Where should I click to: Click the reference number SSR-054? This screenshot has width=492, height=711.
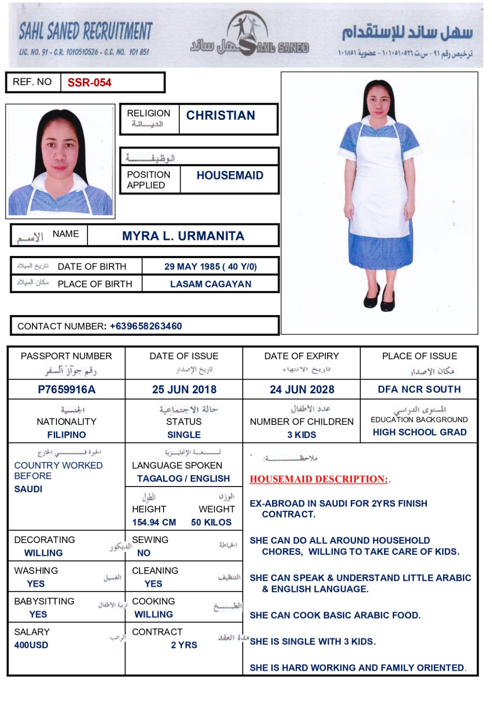89,83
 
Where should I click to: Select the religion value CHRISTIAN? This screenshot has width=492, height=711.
220,116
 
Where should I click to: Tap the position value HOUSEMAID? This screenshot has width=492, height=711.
230,176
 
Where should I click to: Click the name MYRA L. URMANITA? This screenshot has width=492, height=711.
183,236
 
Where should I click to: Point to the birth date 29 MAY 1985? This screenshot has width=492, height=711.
192,267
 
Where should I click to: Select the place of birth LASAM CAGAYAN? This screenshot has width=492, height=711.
211,284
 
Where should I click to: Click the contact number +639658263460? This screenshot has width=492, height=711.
146,326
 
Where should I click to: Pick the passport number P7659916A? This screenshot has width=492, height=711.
67,390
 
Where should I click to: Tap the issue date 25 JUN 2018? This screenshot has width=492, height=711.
184,390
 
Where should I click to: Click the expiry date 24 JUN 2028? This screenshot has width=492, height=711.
302,390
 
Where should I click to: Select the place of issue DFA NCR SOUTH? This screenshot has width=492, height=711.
419,389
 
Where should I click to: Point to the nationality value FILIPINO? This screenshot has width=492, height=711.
67,435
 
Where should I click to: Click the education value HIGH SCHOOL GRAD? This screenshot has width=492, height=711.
420,432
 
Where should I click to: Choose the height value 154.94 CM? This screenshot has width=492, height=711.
154,522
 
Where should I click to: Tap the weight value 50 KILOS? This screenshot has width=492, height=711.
211,522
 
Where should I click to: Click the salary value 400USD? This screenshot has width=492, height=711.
31,645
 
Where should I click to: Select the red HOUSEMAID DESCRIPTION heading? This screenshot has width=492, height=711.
319,479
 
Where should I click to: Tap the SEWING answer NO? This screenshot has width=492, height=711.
144,553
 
